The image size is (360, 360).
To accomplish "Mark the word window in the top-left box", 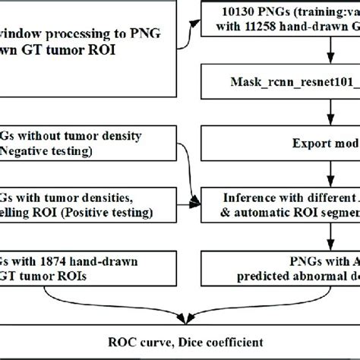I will pyautogui.click(x=22, y=35).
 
